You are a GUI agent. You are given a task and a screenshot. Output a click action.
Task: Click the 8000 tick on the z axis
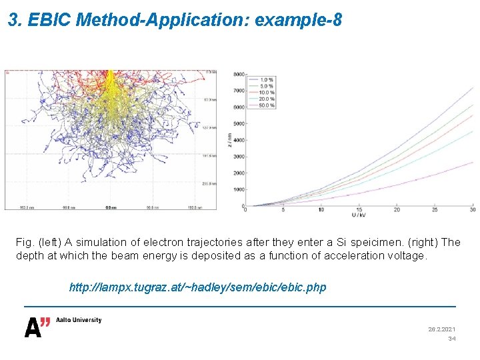(239, 74)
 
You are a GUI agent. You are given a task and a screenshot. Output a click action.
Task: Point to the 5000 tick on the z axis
(239, 123)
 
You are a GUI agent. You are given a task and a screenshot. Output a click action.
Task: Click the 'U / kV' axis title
(360, 215)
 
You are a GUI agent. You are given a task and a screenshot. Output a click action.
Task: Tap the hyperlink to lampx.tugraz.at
(198, 287)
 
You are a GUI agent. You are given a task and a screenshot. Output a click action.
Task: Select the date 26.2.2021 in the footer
(441, 329)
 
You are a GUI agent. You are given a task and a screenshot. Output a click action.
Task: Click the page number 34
(451, 339)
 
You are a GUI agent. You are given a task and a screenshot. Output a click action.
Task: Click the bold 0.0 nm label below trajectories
(111, 207)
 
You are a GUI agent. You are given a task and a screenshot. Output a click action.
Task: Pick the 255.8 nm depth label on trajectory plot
(208, 183)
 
